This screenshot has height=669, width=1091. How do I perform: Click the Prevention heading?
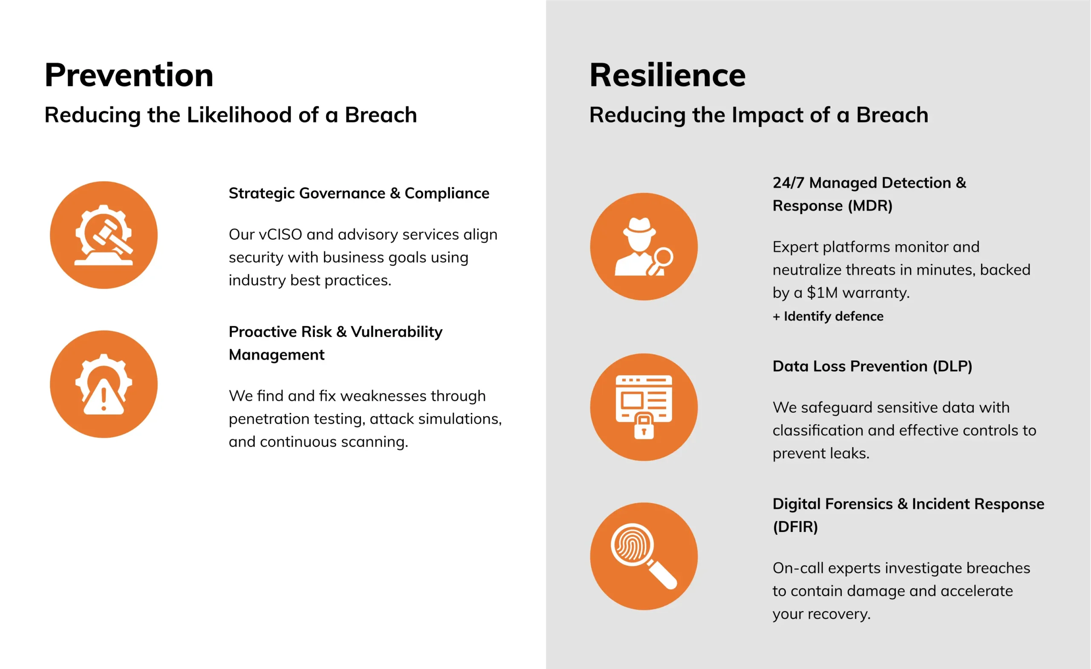pos(129,75)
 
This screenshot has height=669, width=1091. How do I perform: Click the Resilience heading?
pos(667,75)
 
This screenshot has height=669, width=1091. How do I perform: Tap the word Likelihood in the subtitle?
pos(239,115)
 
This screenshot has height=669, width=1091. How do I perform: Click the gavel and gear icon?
pos(104,235)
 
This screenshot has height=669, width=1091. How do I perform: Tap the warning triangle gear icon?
pos(104,384)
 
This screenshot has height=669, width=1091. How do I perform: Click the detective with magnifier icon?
pos(644,247)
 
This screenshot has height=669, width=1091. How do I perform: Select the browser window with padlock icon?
pos(644,407)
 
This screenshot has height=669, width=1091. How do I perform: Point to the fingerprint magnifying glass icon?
pos(644,556)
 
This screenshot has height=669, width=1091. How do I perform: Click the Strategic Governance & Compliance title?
pos(359,193)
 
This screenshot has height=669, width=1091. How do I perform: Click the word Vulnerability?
pos(397,332)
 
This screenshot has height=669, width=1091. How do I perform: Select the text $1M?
pos(822,293)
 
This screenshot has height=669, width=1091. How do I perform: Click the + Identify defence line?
pos(828,316)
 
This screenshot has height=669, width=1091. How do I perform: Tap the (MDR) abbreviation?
pos(870,206)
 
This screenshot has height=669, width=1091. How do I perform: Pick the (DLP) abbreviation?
pos(952,366)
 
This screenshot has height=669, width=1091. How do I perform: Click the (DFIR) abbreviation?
pos(795,527)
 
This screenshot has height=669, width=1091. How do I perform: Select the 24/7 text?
pos(788,183)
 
